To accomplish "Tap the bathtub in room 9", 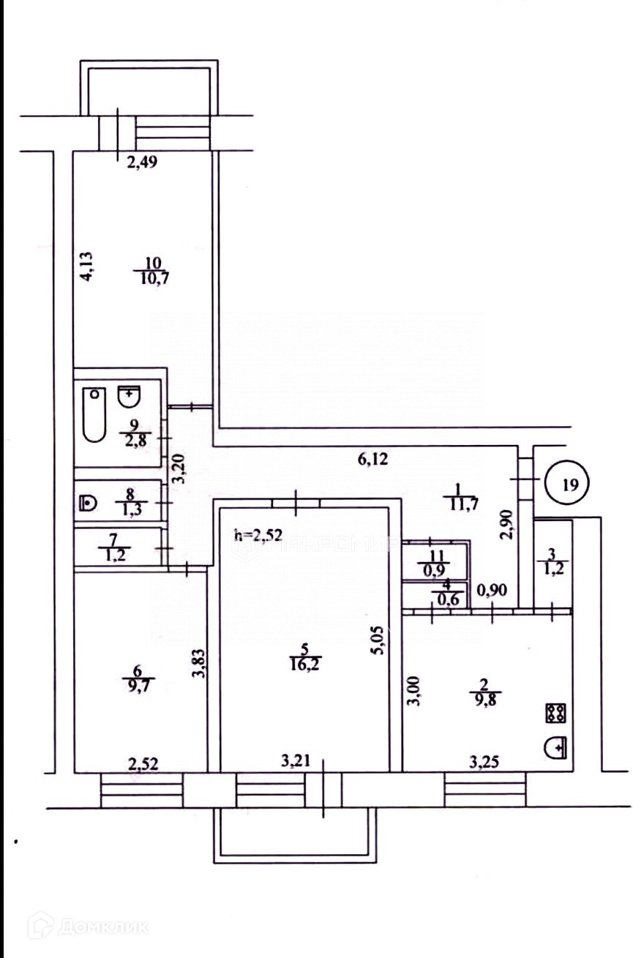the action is (94, 415).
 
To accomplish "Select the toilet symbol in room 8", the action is (88, 502).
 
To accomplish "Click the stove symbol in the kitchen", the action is (554, 712).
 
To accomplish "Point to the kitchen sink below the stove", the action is (555, 748).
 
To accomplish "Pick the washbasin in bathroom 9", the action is (129, 397).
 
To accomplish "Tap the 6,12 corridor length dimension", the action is (371, 460).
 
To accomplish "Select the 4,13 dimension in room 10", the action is (86, 266).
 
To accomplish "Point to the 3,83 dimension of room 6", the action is (197, 665).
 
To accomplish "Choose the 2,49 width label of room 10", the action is (143, 163).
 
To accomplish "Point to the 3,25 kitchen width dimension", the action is (485, 763).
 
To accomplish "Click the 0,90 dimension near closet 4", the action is (491, 591).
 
